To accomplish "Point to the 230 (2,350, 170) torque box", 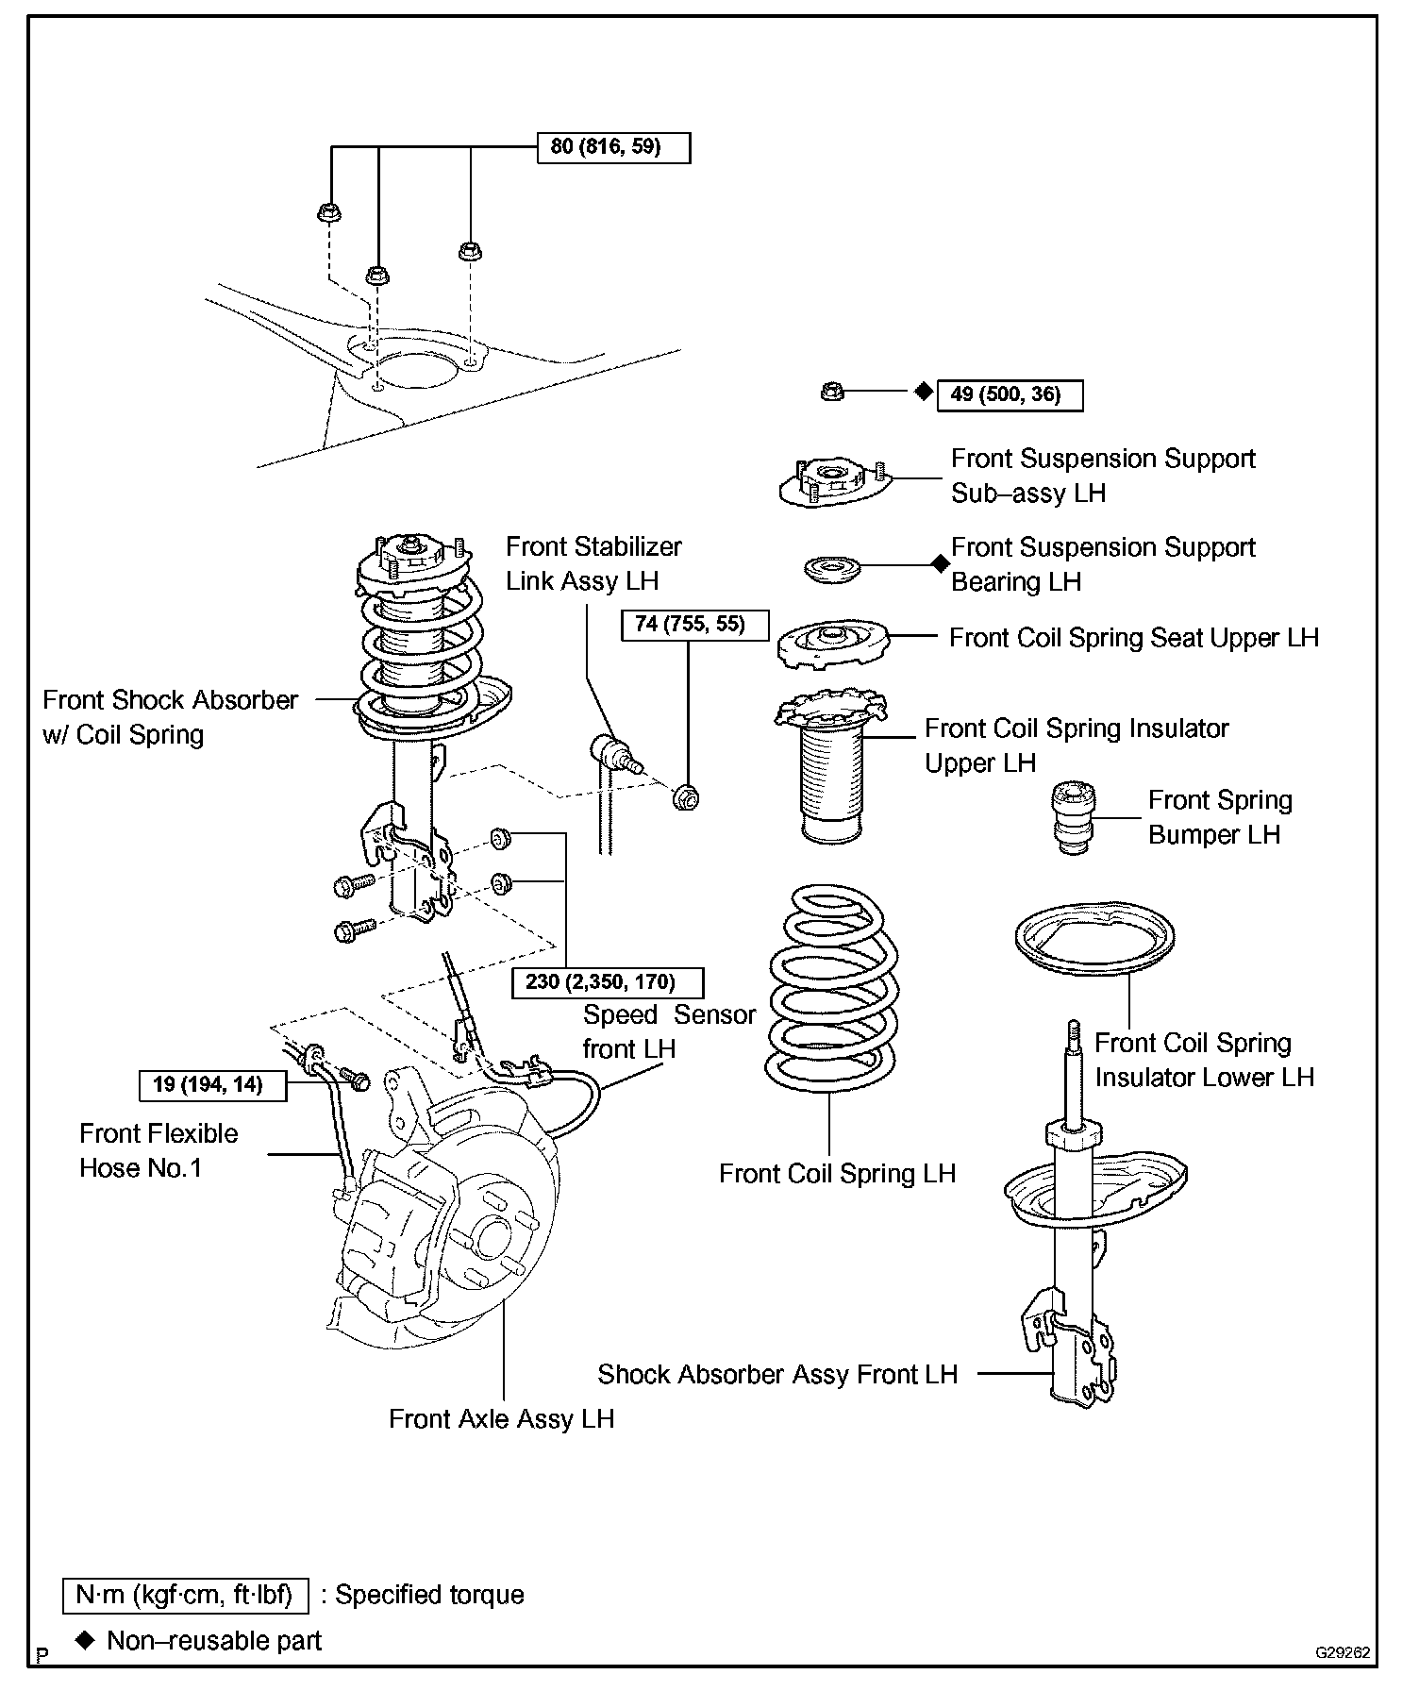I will click(607, 982).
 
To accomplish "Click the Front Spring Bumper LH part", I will click(1074, 818).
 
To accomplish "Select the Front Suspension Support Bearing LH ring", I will click(832, 570).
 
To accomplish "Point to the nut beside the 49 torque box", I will click(831, 391).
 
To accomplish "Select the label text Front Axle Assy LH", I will click(501, 1418).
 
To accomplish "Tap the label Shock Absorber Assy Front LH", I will click(777, 1374).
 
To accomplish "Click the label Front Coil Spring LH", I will click(837, 1173).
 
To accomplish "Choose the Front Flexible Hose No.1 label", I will click(159, 1150).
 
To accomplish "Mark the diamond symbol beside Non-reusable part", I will click(86, 1640).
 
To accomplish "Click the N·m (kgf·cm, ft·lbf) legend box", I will click(185, 1595).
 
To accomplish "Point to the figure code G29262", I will click(1343, 1653).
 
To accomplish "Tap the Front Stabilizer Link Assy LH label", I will click(593, 563).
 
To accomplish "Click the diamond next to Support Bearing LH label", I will click(940, 564).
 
